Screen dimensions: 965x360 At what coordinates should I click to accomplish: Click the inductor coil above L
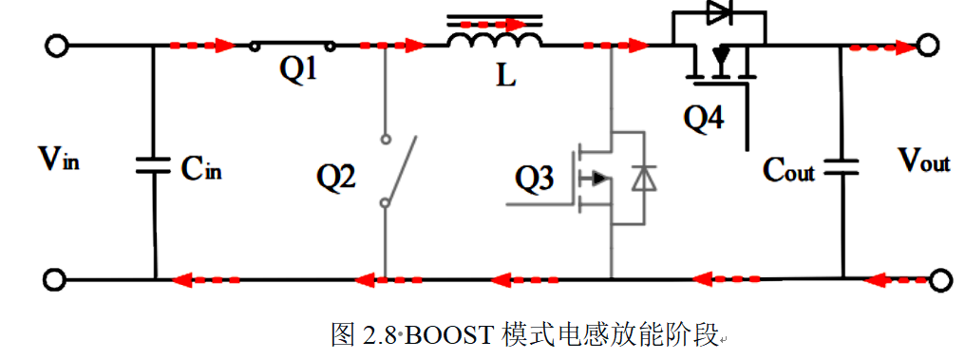point(494,39)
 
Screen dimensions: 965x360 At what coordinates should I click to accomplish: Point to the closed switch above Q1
point(293,45)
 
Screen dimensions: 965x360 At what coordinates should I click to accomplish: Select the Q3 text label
point(534,179)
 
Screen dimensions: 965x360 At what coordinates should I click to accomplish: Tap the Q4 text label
point(704,117)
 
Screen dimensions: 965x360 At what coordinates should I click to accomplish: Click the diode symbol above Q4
point(718,12)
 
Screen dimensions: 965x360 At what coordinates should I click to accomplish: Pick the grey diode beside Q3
point(642,179)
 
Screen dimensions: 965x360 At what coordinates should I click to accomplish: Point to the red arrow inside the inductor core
point(496,24)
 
